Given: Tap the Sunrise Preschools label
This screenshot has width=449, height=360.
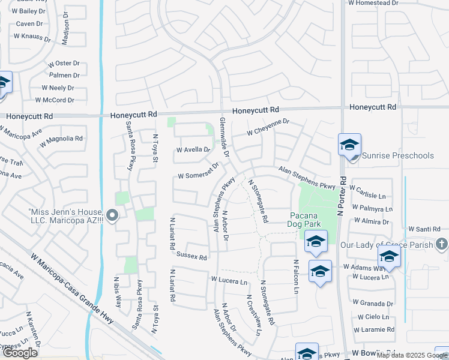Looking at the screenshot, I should click(397, 156).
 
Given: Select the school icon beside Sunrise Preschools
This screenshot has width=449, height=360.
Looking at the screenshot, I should click(349, 146).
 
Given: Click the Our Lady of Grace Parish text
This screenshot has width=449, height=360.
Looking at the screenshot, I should click(386, 245).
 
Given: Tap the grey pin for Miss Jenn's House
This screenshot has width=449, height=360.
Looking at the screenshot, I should click(112, 215).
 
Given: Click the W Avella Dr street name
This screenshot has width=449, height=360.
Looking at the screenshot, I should click(193, 150).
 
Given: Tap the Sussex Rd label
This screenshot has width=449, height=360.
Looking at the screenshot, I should click(191, 257).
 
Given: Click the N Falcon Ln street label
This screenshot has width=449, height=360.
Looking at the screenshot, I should click(296, 277).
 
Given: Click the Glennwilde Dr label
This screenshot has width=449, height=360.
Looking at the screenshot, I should click(224, 145).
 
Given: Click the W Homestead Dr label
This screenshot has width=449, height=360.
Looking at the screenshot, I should click(373, 3).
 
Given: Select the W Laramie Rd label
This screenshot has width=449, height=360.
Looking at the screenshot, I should click(373, 330).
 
